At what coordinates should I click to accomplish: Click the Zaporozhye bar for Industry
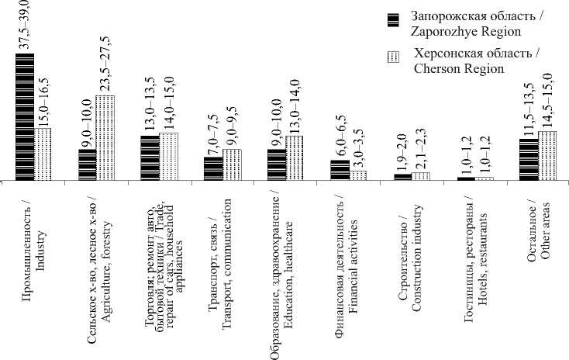(25, 117)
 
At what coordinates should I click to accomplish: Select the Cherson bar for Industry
(43, 154)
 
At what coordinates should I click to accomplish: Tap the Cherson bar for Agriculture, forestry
(105, 138)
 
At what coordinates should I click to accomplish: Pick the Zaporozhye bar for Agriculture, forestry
(87, 165)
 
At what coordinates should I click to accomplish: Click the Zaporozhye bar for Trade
(150, 158)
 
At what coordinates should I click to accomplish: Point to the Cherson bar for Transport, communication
(232, 165)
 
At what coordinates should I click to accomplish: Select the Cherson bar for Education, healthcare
(295, 158)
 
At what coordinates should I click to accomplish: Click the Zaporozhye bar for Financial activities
(340, 171)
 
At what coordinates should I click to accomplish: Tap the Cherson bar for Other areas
(547, 156)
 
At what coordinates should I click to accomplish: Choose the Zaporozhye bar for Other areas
(529, 160)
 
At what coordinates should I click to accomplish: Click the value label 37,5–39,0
(23, 27)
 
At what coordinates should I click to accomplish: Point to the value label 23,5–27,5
(105, 68)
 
